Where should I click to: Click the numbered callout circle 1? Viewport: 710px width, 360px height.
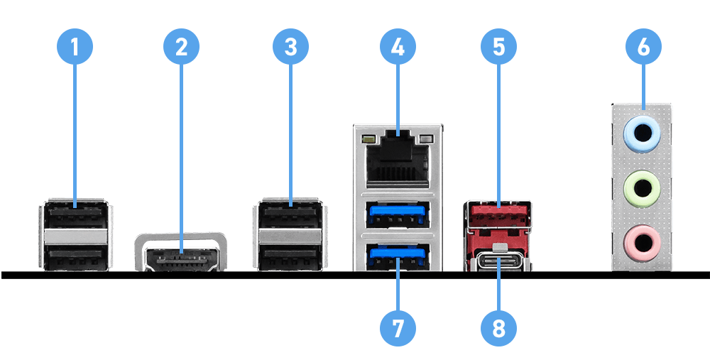click(x=75, y=47)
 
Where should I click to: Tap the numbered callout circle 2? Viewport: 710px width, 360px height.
click(x=181, y=47)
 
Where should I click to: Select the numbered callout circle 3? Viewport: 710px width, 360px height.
click(x=290, y=47)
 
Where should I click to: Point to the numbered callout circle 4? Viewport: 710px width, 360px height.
click(x=398, y=47)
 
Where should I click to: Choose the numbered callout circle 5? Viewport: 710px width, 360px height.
click(x=498, y=47)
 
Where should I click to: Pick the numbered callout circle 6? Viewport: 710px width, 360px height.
click(x=643, y=47)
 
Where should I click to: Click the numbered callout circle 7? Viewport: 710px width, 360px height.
click(x=398, y=327)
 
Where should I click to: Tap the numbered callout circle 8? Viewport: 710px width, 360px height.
click(x=498, y=327)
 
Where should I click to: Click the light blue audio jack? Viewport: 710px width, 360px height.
click(x=642, y=133)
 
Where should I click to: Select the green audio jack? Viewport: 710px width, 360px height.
click(x=642, y=190)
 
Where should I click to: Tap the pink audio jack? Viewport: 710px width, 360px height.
click(x=642, y=244)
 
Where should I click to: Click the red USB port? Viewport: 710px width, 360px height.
click(x=497, y=214)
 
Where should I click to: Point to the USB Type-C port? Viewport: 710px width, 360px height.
click(x=498, y=262)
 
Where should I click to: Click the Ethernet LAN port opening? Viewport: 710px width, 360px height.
click(x=397, y=160)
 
